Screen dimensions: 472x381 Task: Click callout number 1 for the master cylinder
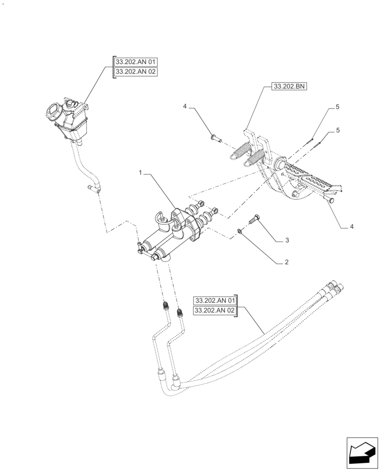140,173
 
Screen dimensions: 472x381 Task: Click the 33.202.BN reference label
289,87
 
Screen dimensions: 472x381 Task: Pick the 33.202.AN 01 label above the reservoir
135,62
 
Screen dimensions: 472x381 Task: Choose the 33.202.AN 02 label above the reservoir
135,72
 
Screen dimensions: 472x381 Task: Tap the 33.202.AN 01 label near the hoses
215,300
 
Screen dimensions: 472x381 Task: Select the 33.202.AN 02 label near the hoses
215,311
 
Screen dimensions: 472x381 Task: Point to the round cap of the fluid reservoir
51,112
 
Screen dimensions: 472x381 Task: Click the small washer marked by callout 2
240,230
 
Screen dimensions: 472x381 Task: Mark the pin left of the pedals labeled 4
216,138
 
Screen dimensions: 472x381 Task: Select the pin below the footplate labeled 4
329,201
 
